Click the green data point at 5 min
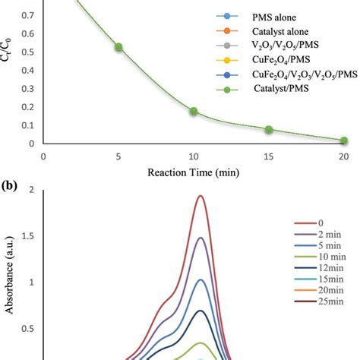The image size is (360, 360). click(x=118, y=47)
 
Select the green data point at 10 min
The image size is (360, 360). click(x=194, y=111)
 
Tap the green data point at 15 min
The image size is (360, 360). click(x=269, y=130)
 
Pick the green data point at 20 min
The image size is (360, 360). click(x=343, y=141)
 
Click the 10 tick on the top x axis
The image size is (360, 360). click(x=194, y=156)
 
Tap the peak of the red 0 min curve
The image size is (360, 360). click(x=201, y=196)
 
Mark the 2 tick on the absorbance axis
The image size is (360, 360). click(x=32, y=190)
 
